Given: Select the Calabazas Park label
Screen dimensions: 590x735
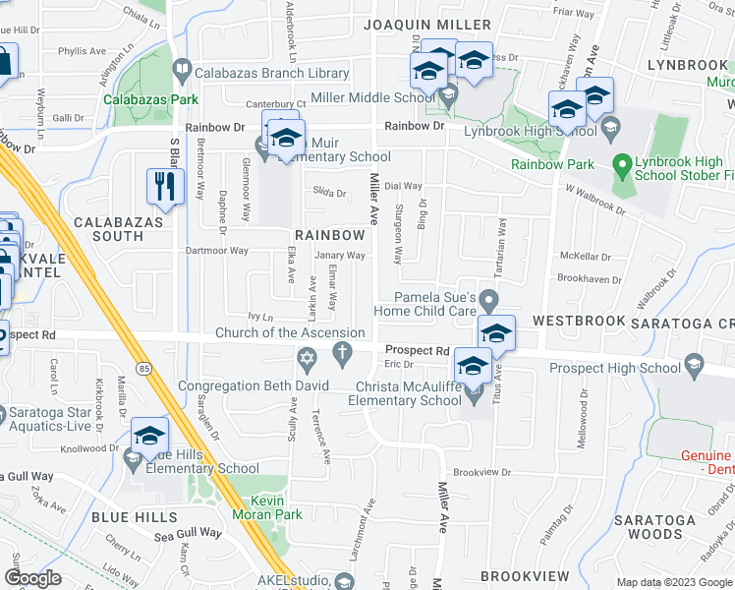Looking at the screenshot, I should tap(151, 99).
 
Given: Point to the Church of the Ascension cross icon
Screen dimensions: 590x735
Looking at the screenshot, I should tap(343, 354).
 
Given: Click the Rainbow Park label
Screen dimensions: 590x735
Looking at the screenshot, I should tap(556, 164).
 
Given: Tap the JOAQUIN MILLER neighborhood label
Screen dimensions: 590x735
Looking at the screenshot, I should tap(427, 25).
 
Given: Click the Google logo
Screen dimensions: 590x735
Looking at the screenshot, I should tap(32, 578).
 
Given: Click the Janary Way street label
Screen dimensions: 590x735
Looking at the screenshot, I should tap(340, 256).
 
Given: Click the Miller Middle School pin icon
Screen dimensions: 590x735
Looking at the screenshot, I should tap(449, 97).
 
